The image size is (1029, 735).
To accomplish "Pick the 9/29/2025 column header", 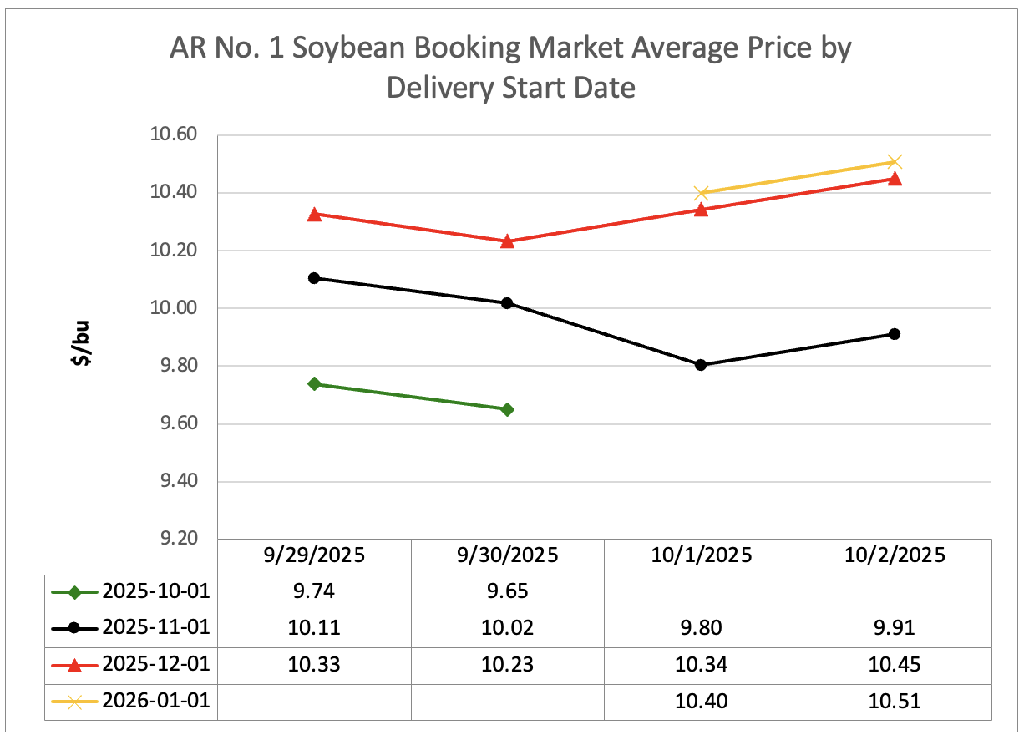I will tap(314, 555).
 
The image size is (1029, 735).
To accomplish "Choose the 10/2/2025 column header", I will tap(895, 555).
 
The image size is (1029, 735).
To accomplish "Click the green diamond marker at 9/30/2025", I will tap(507, 409).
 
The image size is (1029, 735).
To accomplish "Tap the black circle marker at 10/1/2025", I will tap(701, 365).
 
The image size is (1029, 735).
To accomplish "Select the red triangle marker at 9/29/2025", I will tap(314, 215).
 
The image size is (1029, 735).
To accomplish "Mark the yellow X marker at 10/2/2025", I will tap(895, 162).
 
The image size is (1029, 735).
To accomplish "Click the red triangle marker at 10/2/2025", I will tap(895, 179).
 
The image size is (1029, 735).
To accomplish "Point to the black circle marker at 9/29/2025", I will tap(314, 278).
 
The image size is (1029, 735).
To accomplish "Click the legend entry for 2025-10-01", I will tap(130, 592).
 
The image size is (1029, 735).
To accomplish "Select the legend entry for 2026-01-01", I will tap(130, 701).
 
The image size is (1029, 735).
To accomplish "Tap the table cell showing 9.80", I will tap(701, 628).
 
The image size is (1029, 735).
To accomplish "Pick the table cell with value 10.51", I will tap(895, 701).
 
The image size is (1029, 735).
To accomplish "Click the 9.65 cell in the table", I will tap(507, 592).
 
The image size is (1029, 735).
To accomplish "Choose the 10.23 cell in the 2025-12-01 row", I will tap(507, 665).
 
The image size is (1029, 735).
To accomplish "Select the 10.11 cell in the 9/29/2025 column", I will tap(314, 628).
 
